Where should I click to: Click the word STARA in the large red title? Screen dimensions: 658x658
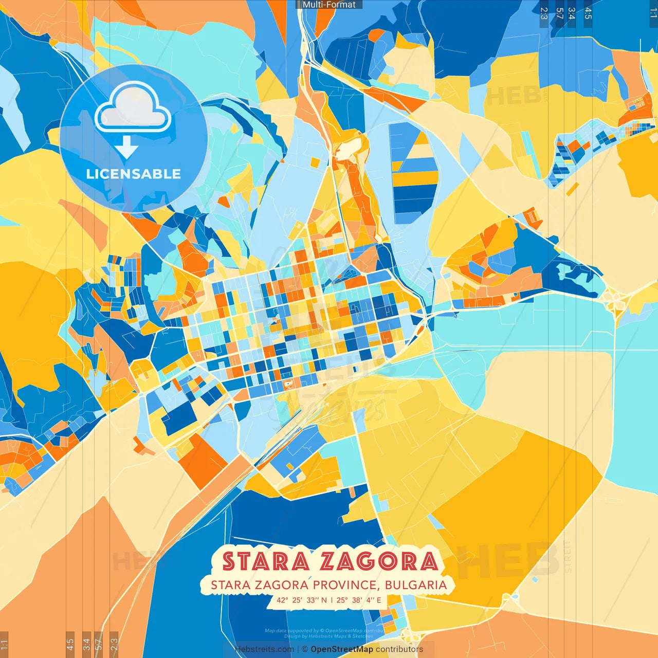point(266,561)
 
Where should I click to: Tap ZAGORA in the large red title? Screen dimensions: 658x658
point(378,561)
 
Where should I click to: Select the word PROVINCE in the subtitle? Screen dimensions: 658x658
point(344,585)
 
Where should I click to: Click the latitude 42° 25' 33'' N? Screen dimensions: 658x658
point(301,600)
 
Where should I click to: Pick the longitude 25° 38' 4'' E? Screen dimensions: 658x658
point(359,600)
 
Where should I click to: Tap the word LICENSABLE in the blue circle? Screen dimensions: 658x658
point(134,174)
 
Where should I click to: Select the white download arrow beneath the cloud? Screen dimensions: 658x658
point(126,148)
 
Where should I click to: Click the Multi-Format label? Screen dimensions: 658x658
point(329,5)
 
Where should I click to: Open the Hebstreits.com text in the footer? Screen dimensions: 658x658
point(265,649)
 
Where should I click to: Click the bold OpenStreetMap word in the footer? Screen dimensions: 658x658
point(342,649)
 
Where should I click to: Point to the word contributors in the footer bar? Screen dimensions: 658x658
point(399,649)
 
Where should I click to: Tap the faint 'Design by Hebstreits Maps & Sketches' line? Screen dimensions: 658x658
point(329,636)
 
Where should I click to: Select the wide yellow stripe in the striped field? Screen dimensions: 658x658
point(415,178)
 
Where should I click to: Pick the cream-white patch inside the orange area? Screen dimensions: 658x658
point(348,147)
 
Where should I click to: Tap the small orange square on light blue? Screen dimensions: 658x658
point(315,162)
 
